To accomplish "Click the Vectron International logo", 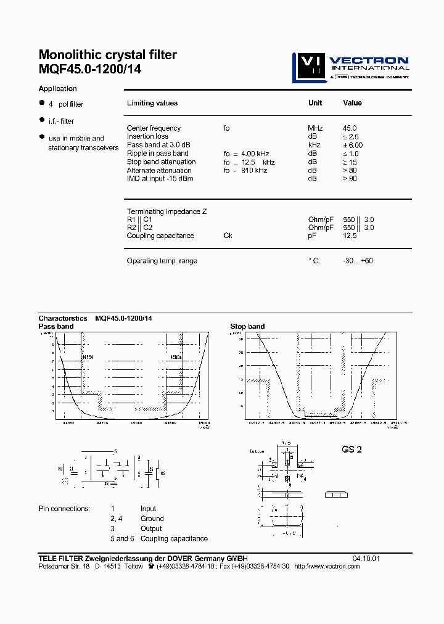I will (x=350, y=67).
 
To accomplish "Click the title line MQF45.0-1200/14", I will (x=90, y=70).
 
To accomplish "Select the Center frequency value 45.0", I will (x=350, y=128).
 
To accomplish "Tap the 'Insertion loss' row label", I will (x=147, y=136).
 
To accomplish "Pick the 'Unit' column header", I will (x=315, y=103).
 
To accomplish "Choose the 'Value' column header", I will (x=353, y=103).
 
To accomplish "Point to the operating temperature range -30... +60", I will (x=358, y=261).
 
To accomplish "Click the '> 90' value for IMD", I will (x=350, y=179).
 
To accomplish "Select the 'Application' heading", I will (x=58, y=89).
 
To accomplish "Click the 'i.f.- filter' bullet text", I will (x=62, y=121).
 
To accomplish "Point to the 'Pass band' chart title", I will (x=56, y=326).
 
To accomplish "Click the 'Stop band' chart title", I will (x=247, y=326).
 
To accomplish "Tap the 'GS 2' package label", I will (x=351, y=450).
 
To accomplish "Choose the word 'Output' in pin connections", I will (x=151, y=528).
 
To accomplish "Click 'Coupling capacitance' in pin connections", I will (x=174, y=538).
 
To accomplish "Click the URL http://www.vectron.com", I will (x=327, y=567).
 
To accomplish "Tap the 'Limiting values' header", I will (x=152, y=103).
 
